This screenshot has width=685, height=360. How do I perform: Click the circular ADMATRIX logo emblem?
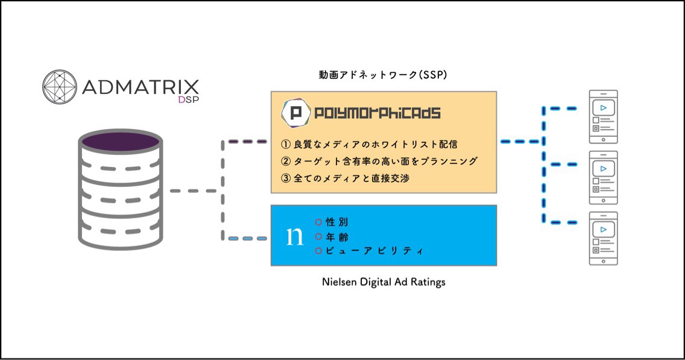pyautogui.click(x=59, y=86)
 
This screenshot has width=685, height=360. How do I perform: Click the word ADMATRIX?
pyautogui.click(x=139, y=86)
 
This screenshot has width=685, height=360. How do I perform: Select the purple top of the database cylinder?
pyautogui.click(x=121, y=142)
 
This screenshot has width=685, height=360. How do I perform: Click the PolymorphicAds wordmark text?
pyautogui.click(x=377, y=113)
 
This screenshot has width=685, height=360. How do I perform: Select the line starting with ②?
pyautogui.click(x=379, y=162)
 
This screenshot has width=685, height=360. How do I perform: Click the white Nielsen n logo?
pyautogui.click(x=294, y=236)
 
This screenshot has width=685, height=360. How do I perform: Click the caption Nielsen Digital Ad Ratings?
pyautogui.click(x=384, y=282)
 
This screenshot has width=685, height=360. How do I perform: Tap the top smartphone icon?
pyautogui.click(x=603, y=116)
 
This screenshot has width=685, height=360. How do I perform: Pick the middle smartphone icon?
pyautogui.click(x=603, y=177)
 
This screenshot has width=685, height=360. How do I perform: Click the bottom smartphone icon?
pyautogui.click(x=603, y=239)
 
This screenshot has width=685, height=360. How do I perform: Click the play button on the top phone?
pyautogui.click(x=603, y=108)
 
